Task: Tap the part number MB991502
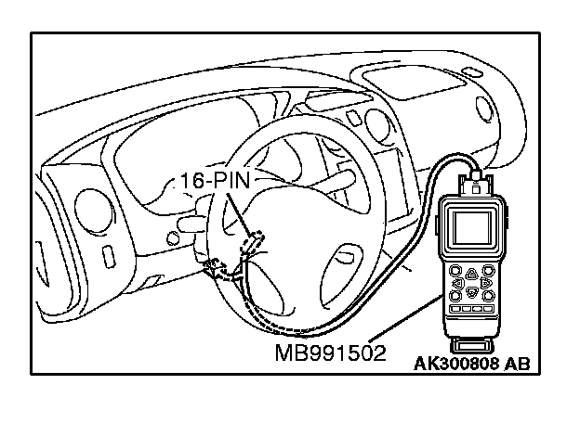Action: pos(331,353)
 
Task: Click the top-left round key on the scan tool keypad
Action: pos(456,267)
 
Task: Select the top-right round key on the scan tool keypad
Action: pos(490,267)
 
